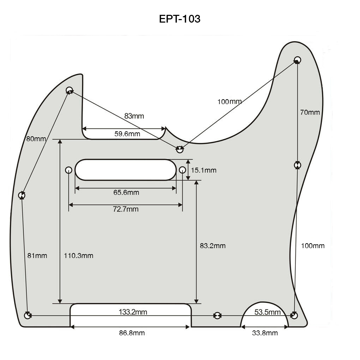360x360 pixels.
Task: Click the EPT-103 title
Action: click(180, 19)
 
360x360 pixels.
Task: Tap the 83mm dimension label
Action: click(134, 116)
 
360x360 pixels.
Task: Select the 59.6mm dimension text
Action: click(127, 134)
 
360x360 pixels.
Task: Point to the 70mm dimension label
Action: click(310, 112)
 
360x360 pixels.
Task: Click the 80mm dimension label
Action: click(36, 139)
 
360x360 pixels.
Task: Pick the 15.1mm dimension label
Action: click(204, 170)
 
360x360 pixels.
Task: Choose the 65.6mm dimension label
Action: click(126, 192)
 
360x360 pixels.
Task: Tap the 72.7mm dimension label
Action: click(126, 209)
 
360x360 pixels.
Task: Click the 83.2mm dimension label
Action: click(212, 246)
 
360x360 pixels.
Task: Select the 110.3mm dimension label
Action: click(78, 256)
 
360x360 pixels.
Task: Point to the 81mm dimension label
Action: click(37, 256)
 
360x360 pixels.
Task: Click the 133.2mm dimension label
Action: click(133, 312)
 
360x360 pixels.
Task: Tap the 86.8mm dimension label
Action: click(132, 333)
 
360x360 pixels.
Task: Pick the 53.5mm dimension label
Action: click(268, 312)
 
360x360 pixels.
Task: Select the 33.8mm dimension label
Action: click(264, 333)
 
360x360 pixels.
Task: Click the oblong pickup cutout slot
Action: click(125, 170)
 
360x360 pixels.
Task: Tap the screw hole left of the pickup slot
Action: click(68, 170)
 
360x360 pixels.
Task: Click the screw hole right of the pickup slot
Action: click(182, 170)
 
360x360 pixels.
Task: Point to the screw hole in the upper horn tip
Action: click(298, 59)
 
